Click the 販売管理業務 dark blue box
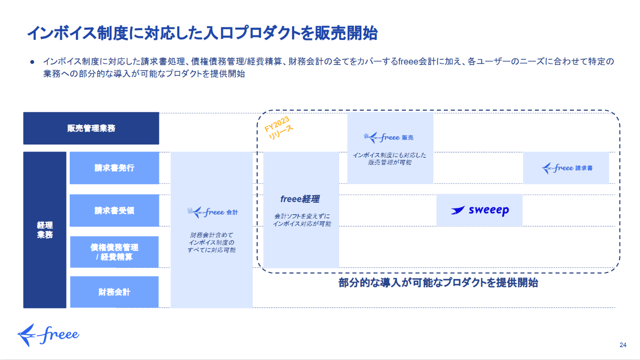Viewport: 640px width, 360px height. click(91, 128)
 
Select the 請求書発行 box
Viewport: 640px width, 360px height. click(114, 168)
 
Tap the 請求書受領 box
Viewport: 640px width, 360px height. click(114, 210)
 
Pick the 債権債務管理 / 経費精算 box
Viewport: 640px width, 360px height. click(114, 252)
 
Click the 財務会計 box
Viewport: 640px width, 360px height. click(114, 292)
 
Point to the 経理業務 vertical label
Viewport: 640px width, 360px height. click(45, 230)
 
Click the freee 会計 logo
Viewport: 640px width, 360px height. click(213, 212)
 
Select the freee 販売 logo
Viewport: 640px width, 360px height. click(388, 137)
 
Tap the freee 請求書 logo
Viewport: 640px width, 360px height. click(567, 168)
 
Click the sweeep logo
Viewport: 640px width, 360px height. click(480, 210)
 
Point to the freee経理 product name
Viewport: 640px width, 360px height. click(300, 199)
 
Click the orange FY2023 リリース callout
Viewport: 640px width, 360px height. click(278, 128)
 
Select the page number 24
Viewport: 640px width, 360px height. click(623, 345)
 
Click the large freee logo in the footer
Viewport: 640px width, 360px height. click(48, 335)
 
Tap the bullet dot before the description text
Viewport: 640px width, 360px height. click(32, 62)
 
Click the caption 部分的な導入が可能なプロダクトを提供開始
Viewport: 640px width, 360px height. click(438, 283)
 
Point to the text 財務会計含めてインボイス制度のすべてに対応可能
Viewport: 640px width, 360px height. click(212, 242)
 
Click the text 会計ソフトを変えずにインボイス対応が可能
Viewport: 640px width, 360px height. click(302, 220)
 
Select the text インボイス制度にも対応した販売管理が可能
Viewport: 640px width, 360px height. click(389, 159)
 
